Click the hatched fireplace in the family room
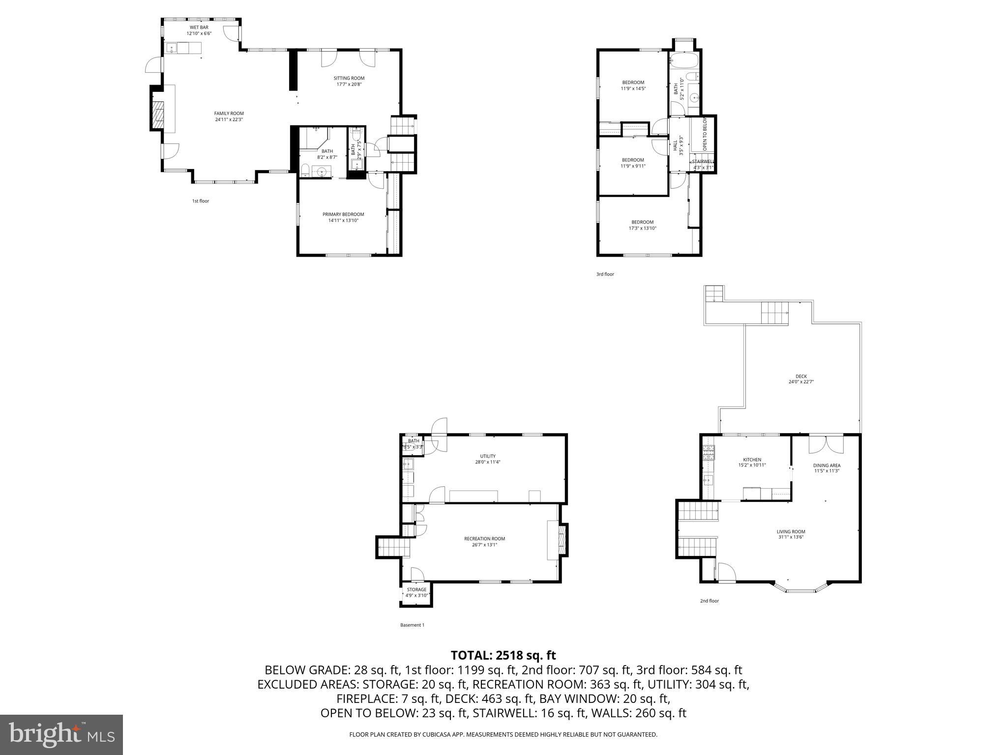pos(158,116)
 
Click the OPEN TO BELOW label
pos(705,134)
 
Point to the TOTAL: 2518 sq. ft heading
pos(503,655)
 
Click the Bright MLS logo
pos(61,735)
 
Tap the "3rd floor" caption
pos(605,274)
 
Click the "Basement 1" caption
pos(412,625)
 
